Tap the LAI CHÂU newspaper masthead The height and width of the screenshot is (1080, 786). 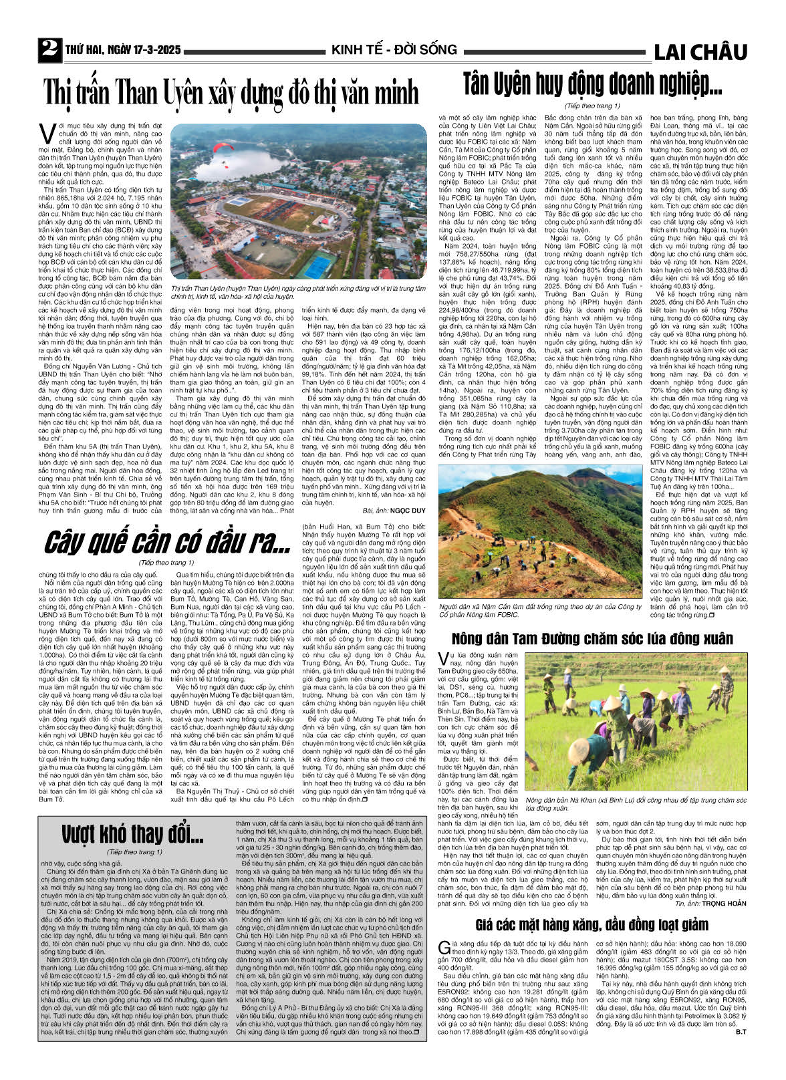(x=700, y=51)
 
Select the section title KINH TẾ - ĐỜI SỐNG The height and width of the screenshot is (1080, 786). (x=394, y=49)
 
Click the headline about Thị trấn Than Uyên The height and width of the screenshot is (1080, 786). (x=231, y=92)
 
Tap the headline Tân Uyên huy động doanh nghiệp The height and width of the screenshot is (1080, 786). (x=592, y=84)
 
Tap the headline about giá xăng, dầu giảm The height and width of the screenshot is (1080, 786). (x=592, y=925)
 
